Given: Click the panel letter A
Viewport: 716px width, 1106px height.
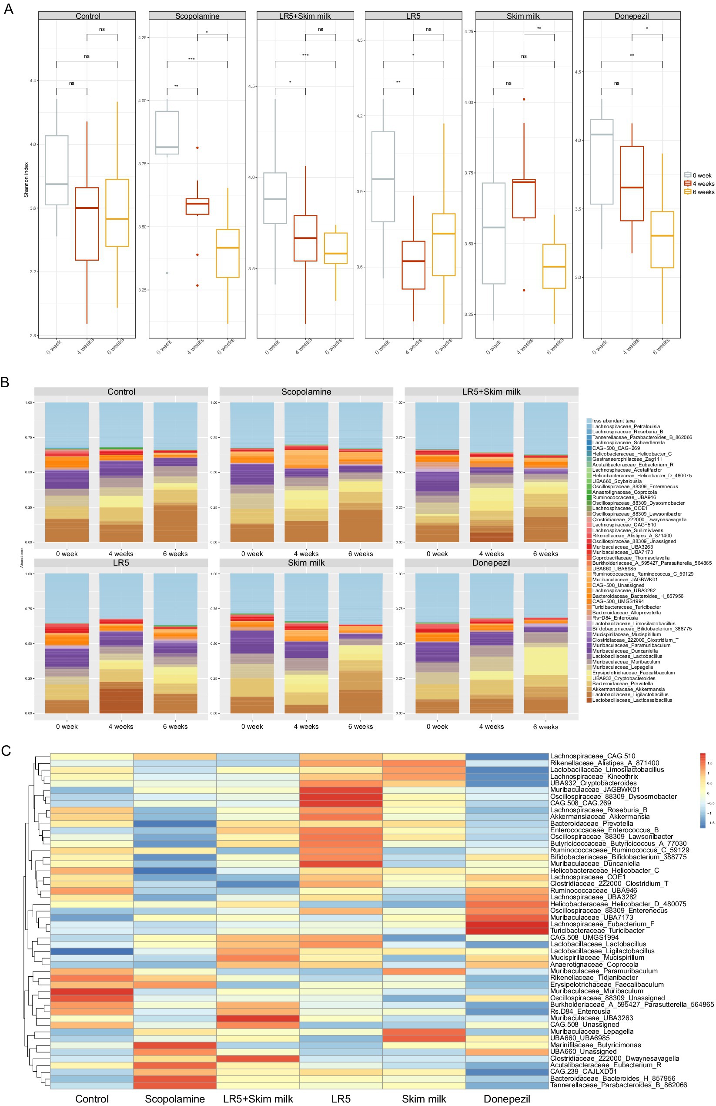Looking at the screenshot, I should (8, 8).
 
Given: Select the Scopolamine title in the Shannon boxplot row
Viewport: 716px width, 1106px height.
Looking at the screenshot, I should (197, 16).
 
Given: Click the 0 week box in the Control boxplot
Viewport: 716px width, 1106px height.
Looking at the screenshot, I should (57, 170).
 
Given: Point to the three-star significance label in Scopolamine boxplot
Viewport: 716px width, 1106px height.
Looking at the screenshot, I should (191, 59).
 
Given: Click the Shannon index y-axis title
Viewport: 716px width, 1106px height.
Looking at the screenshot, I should (27, 179).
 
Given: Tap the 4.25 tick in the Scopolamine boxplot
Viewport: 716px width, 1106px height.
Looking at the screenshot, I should (141, 38).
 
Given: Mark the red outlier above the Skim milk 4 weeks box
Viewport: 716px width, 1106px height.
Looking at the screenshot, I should (524, 99).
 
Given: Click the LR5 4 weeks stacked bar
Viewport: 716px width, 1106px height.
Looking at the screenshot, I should (121, 643).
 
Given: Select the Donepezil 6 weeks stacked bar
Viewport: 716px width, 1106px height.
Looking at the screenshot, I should (545, 643).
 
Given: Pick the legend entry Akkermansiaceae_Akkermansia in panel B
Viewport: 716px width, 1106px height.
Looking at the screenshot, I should (628, 689).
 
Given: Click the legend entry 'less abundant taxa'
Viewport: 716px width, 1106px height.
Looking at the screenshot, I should (614, 421).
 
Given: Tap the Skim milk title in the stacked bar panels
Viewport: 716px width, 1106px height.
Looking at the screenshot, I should (306, 563).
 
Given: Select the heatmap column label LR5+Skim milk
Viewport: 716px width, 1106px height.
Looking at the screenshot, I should (258, 1099).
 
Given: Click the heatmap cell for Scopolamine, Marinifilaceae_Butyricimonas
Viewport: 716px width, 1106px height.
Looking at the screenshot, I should (175, 1045).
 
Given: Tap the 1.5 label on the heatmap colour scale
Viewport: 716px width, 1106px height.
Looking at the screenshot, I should (709, 763).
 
